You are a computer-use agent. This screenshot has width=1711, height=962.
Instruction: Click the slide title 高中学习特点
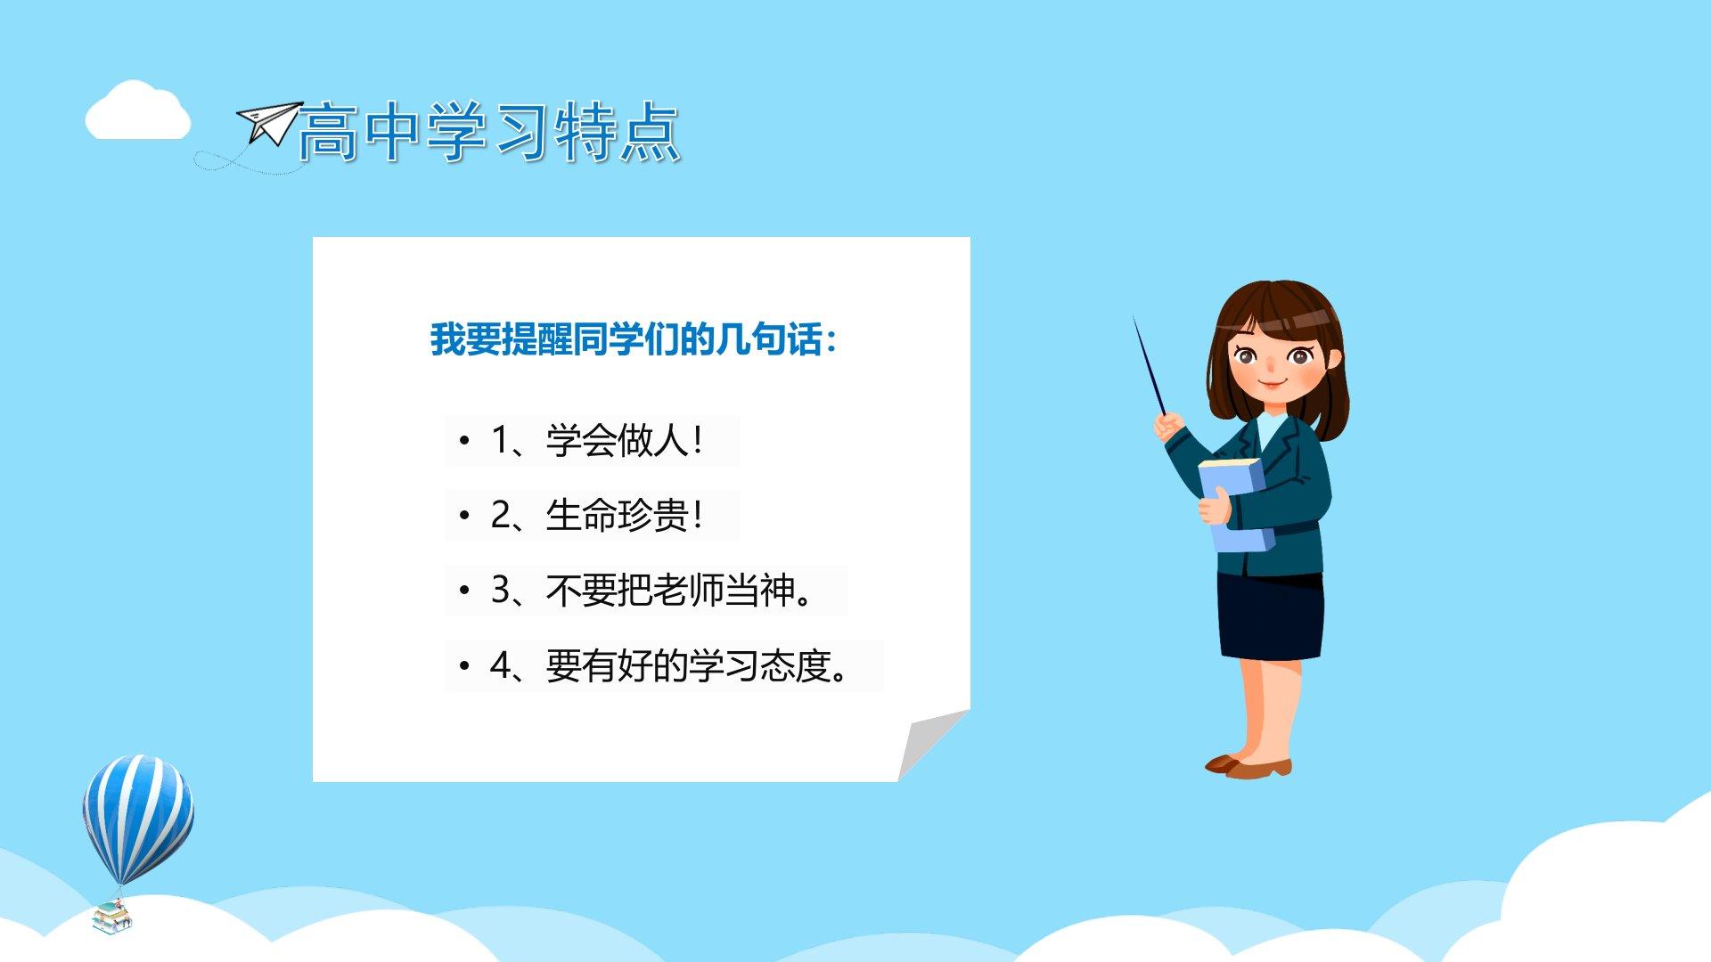tap(489, 132)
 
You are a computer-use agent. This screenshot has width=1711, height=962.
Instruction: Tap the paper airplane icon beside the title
tap(269, 124)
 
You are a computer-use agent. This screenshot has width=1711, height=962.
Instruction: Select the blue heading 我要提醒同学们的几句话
tap(634, 339)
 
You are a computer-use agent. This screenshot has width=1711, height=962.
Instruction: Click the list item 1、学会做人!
tap(597, 440)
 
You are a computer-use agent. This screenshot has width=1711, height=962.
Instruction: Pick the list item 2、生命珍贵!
tap(597, 515)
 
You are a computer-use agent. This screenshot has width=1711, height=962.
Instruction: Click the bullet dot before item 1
tap(463, 440)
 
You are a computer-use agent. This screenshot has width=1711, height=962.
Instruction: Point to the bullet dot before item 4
tap(463, 665)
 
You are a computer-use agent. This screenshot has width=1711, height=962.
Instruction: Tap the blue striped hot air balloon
tap(138, 819)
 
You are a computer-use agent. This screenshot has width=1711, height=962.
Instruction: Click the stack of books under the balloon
tap(112, 917)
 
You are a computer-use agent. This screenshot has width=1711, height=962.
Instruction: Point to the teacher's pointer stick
tap(1149, 364)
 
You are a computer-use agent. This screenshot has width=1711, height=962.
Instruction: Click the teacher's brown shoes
tap(1248, 766)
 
